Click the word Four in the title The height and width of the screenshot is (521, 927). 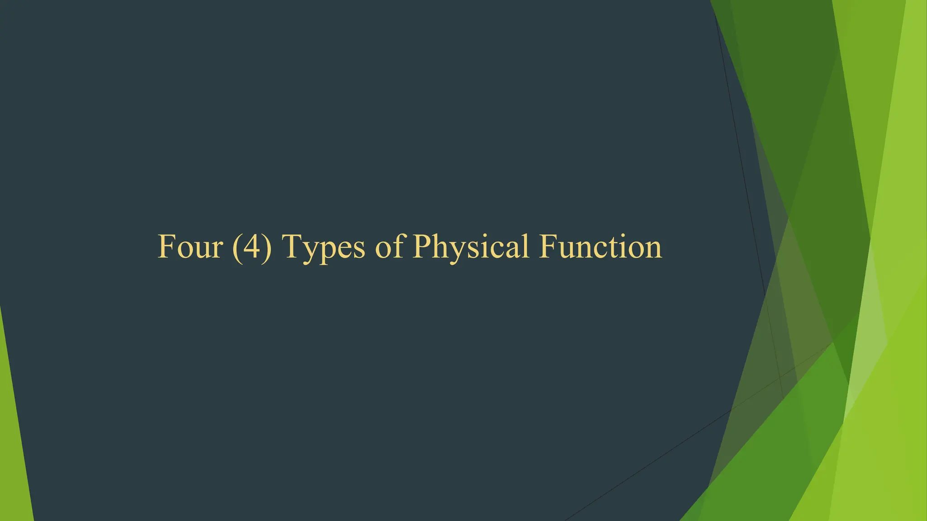(190, 247)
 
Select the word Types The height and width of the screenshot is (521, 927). (323, 248)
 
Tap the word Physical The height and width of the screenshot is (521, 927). (471, 248)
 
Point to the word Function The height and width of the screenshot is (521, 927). (600, 247)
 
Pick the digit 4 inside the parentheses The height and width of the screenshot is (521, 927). (252, 247)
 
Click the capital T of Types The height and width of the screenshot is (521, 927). (292, 247)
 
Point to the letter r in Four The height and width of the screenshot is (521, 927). (217, 251)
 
